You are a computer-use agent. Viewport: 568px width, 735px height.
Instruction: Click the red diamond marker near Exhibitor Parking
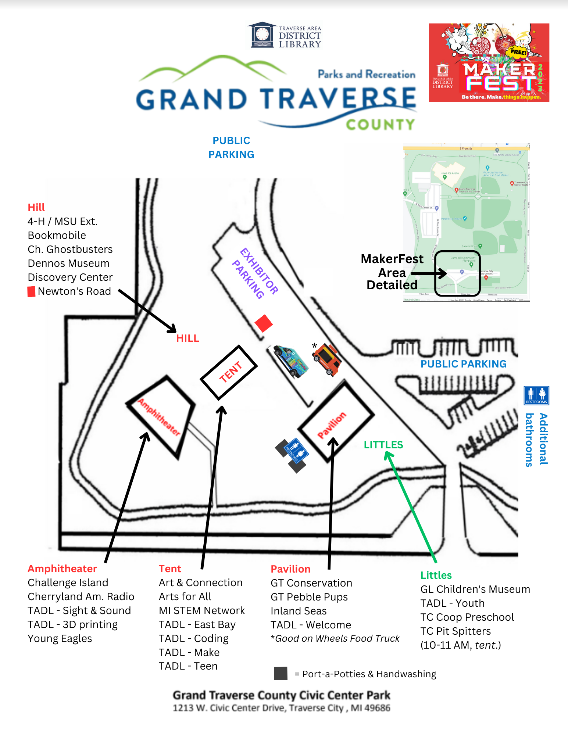pyautogui.click(x=264, y=323)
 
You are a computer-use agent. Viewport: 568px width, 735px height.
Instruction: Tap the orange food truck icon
pyautogui.click(x=327, y=360)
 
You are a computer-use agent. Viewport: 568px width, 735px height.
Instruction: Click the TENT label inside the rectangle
pyautogui.click(x=231, y=372)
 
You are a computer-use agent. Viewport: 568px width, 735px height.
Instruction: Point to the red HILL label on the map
pyautogui.click(x=187, y=338)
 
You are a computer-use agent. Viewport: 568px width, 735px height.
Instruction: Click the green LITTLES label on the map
pyautogui.click(x=383, y=445)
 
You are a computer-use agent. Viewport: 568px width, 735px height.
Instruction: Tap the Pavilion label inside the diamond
pyautogui.click(x=332, y=425)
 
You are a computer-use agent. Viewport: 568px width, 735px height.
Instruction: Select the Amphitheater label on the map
pyautogui.click(x=159, y=417)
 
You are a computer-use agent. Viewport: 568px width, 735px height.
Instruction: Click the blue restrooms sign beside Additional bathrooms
pyautogui.click(x=536, y=395)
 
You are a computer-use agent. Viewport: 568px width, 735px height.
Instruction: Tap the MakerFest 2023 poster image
pyautogui.click(x=489, y=63)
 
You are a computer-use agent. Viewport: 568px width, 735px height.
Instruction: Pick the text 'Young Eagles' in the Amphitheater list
pyautogui.click(x=60, y=639)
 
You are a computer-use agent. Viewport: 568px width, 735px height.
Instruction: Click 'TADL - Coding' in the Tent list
pyautogui.click(x=193, y=639)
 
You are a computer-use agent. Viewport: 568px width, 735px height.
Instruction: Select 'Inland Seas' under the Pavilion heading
pyautogui.click(x=299, y=611)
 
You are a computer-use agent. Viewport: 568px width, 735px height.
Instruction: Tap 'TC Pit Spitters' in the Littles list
pyautogui.click(x=456, y=631)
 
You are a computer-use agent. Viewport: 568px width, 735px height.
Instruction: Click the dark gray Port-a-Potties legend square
pyautogui.click(x=281, y=674)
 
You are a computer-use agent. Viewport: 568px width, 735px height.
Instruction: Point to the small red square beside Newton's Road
pyautogui.click(x=32, y=292)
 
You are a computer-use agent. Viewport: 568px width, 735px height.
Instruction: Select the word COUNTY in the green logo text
pyautogui.click(x=380, y=125)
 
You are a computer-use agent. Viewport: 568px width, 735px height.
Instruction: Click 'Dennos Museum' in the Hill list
pyautogui.click(x=68, y=263)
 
